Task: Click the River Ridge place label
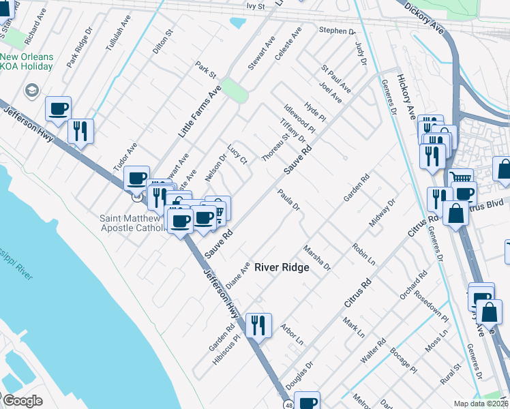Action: point(282,268)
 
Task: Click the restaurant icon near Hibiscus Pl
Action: point(259,324)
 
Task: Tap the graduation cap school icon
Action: point(31,90)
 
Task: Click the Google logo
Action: point(22,401)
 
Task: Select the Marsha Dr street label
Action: point(316,257)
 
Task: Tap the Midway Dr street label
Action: point(382,213)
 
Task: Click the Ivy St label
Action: point(255,5)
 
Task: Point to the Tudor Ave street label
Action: point(125,157)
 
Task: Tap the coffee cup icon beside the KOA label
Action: point(58,108)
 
